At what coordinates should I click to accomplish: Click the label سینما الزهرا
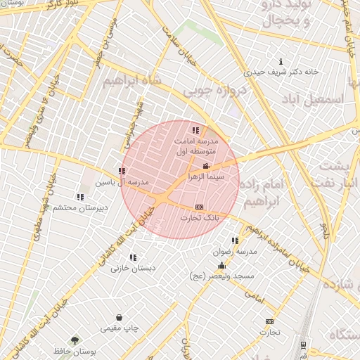click(x=206, y=178)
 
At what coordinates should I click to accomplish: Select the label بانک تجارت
click(x=200, y=218)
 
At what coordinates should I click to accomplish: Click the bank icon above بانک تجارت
click(x=199, y=207)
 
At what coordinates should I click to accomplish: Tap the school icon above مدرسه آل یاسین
click(x=122, y=171)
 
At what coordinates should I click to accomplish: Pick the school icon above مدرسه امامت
click(x=195, y=130)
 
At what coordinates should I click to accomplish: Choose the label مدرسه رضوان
click(x=236, y=252)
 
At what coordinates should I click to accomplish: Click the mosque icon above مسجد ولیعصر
click(x=222, y=265)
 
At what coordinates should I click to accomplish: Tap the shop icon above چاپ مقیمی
click(x=120, y=318)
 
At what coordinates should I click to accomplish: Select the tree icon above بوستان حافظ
click(x=75, y=340)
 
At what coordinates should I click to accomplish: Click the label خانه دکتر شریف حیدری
click(x=282, y=72)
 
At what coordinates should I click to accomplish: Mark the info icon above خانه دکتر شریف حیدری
click(x=282, y=61)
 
